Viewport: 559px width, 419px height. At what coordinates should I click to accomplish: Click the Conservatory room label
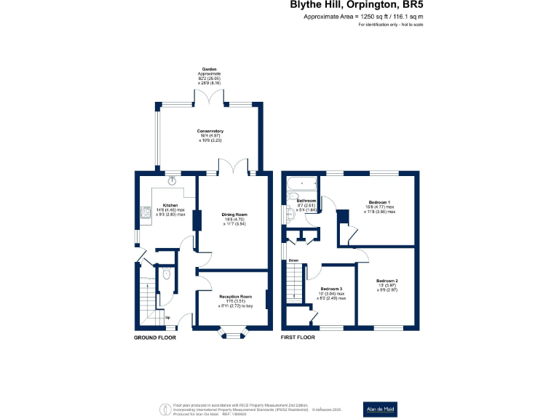[x=210, y=131]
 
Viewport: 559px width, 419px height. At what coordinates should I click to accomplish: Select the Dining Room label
[x=234, y=215]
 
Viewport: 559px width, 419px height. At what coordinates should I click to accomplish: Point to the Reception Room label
[x=235, y=297]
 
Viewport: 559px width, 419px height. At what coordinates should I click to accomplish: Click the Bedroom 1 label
[x=380, y=201]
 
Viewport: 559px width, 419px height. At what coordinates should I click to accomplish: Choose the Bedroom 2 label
[x=386, y=281]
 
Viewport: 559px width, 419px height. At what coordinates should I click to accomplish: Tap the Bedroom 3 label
[x=331, y=289]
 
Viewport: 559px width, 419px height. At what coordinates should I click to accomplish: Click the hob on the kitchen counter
[x=144, y=213]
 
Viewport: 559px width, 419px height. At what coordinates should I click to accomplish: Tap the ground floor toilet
[x=167, y=275]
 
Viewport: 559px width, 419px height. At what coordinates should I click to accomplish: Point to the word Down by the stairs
[x=293, y=260]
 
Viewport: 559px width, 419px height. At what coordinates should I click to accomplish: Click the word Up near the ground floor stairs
[x=168, y=318]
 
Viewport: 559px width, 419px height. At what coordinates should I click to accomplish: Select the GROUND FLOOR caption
[x=155, y=338]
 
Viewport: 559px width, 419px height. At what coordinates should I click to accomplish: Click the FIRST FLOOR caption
[x=298, y=338]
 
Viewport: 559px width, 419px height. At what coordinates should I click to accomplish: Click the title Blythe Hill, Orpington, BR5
[x=357, y=5]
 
